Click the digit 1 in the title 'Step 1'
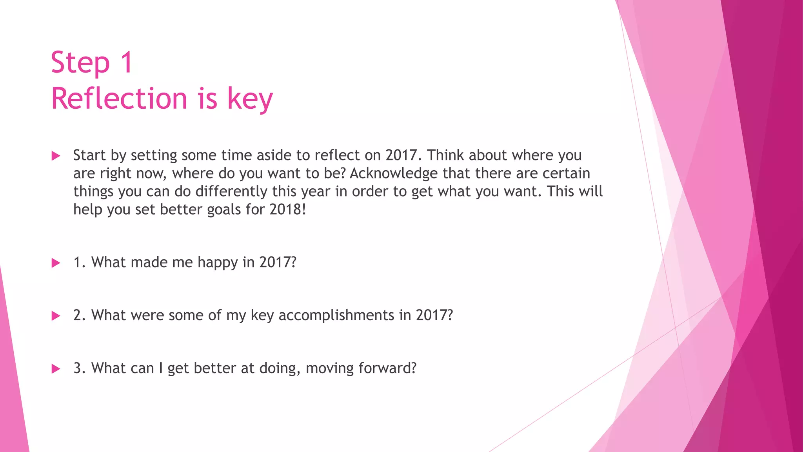127,62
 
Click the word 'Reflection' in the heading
119,98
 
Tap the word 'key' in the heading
250,99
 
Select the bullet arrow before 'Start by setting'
56,156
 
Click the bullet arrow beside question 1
56,263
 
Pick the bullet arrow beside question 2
56,316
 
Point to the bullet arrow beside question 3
56,369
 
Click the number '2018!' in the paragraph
287,210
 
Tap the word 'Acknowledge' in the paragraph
393,173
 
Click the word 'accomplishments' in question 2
336,315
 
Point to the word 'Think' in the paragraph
445,155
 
